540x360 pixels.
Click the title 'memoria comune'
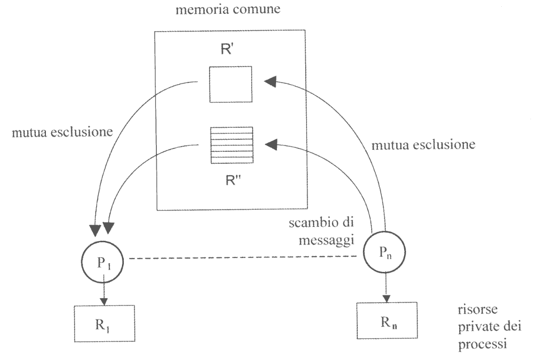pyautogui.click(x=228, y=11)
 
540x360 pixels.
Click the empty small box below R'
pyautogui.click(x=231, y=84)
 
